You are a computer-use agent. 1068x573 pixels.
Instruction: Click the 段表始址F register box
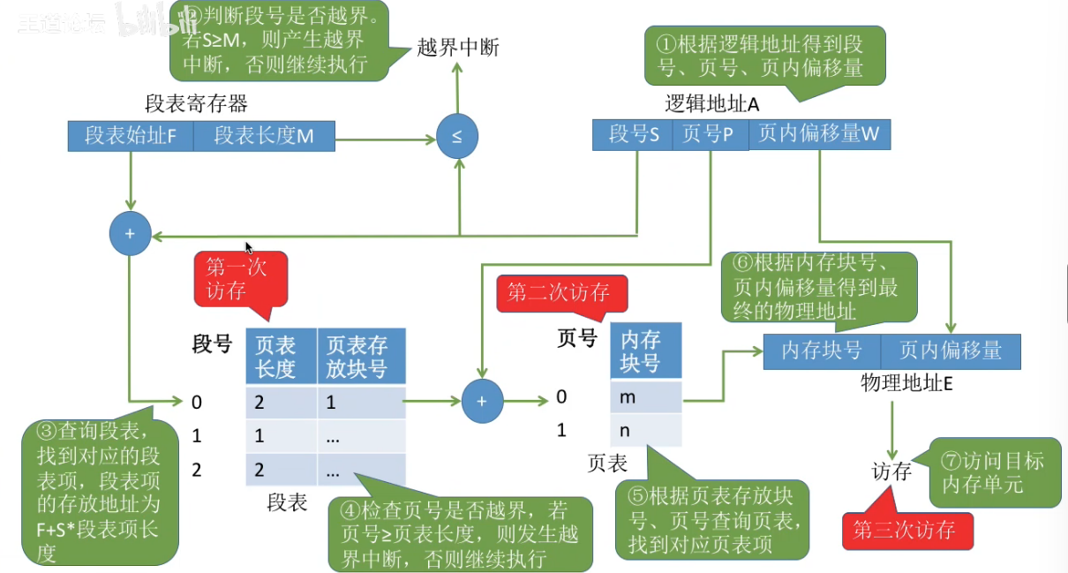[x=131, y=136]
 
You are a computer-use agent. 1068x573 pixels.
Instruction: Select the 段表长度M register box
[x=263, y=136]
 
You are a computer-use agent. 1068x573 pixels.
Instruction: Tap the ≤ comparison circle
[x=457, y=138]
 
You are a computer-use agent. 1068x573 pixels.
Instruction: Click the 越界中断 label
[x=458, y=47]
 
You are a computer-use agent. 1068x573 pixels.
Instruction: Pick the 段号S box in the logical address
[x=633, y=135]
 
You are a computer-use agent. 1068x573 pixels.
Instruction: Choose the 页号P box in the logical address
[x=710, y=135]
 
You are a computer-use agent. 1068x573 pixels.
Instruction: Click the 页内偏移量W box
[x=819, y=135]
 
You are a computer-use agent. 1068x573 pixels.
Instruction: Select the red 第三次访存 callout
[x=906, y=530]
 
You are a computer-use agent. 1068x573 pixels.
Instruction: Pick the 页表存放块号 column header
[x=361, y=356]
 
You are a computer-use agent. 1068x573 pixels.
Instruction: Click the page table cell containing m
[x=645, y=397]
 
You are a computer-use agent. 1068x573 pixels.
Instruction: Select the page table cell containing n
[x=645, y=430]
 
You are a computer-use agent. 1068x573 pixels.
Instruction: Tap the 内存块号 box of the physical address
[x=821, y=351]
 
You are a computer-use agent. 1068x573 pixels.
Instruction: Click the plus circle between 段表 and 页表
[x=482, y=402]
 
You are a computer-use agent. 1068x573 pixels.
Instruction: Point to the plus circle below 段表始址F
[x=130, y=234]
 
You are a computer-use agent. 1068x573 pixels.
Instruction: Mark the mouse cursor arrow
[x=249, y=248]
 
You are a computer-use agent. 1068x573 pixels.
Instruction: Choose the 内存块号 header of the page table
[x=645, y=351]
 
